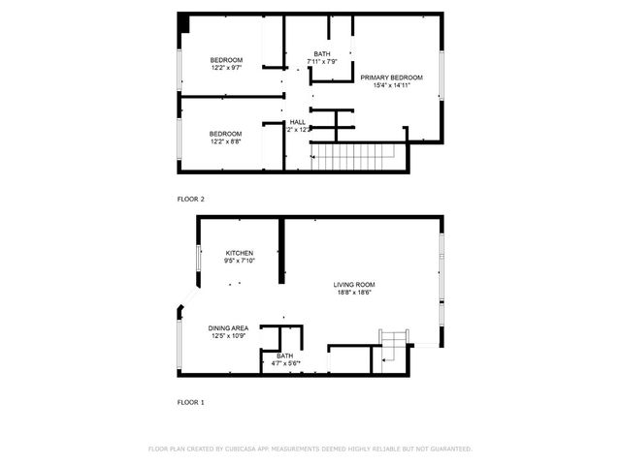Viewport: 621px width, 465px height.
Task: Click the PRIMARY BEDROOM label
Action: [391, 77]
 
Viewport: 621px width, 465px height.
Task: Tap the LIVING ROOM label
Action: [356, 284]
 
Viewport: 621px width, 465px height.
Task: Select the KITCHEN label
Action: [240, 253]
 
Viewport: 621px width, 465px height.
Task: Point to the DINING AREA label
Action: [228, 328]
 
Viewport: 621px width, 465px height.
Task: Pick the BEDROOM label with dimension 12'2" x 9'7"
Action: [226, 60]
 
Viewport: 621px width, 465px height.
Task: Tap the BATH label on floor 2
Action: [321, 54]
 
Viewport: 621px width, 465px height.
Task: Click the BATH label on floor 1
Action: [284, 356]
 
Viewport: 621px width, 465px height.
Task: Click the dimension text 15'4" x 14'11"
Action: [391, 84]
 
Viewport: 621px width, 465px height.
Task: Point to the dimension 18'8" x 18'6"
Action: [356, 292]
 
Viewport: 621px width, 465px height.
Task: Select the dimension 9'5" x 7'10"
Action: [240, 261]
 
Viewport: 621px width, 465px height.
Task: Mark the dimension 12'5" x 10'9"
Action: [228, 336]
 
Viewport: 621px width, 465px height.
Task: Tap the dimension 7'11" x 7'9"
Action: [321, 62]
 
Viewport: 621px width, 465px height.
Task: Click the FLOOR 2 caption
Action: [190, 199]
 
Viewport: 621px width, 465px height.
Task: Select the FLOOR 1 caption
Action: [190, 401]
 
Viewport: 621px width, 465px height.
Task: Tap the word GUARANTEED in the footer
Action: [449, 449]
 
